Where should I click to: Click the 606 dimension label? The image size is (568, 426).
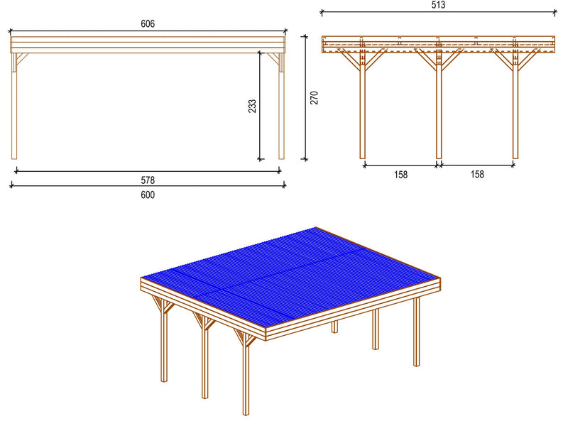coord(148,23)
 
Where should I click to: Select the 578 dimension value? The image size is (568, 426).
coord(148,180)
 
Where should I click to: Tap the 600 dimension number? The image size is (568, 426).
coord(148,195)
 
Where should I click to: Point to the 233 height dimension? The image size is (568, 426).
coord(252,106)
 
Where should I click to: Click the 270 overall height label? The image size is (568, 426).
coord(314,97)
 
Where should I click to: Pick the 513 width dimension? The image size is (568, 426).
coord(438,4)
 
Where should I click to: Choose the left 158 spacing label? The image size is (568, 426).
coord(400,175)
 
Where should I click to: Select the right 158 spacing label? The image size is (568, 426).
coord(476,175)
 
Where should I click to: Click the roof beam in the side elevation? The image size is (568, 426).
coord(148,45)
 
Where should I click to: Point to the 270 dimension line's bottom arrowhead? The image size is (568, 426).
coord(305,158)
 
